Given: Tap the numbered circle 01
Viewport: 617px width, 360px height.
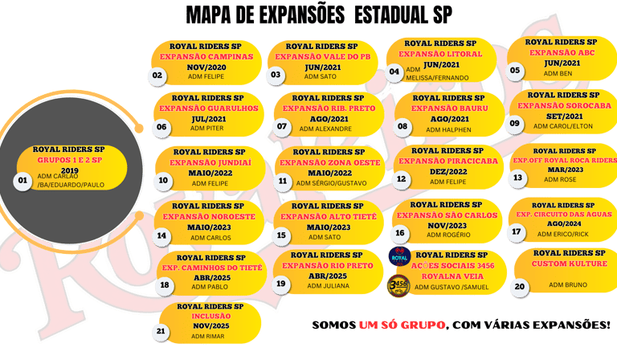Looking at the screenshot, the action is [x=22, y=181].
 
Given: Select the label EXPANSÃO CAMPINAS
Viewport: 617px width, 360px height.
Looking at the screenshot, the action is [x=206, y=57].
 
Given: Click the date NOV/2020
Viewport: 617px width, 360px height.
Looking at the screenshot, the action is [x=206, y=67].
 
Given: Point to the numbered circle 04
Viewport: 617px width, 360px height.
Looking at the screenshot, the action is [x=394, y=71].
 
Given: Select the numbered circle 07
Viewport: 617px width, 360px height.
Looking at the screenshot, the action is [x=281, y=126].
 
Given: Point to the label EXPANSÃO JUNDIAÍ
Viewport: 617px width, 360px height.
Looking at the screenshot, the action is [x=210, y=162].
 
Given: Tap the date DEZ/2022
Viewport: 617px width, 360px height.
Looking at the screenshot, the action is [x=450, y=171].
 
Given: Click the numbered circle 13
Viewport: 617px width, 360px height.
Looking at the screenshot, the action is [x=517, y=178].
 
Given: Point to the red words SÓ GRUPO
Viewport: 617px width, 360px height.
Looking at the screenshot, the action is [x=407, y=325].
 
